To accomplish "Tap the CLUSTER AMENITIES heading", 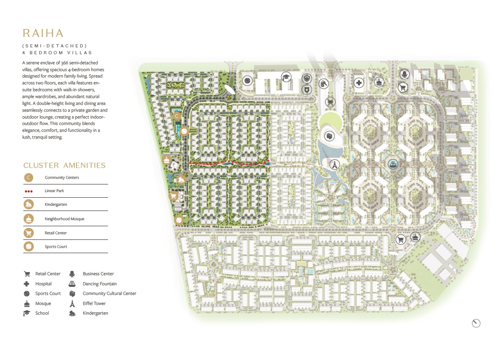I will coord(64,166).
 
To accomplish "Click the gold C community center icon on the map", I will coord(176,117).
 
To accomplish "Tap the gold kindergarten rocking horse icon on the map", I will coord(181,180).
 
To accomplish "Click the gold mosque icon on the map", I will coord(167,160).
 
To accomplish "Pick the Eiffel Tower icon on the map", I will coord(333,164).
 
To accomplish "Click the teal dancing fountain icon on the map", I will coord(393,164).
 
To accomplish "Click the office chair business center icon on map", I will coord(405,74).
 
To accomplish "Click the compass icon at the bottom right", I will coord(476,323).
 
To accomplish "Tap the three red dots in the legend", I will coord(28,191).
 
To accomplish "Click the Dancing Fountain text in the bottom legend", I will coord(100,284).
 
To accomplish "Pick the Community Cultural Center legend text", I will coord(109,293).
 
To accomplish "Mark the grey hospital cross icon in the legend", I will coord(27,284).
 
